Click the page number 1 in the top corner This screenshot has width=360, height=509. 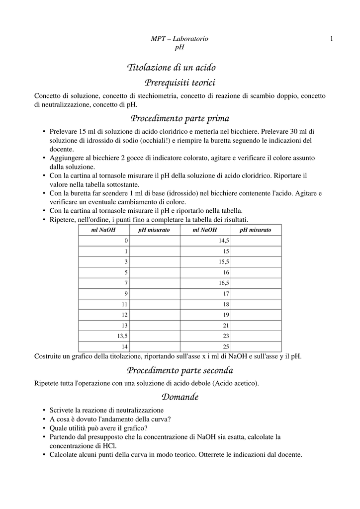(x=331, y=39)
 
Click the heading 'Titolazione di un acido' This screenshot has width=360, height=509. (x=172, y=67)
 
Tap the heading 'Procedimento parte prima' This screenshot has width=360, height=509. (x=180, y=119)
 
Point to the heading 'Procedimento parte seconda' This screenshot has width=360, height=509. (x=180, y=370)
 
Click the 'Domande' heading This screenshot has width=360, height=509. (x=180, y=397)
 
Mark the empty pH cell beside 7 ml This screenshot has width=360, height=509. (x=155, y=283)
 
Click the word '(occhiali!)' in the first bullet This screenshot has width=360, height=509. (x=155, y=140)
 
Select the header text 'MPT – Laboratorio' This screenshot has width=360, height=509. (x=180, y=39)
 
